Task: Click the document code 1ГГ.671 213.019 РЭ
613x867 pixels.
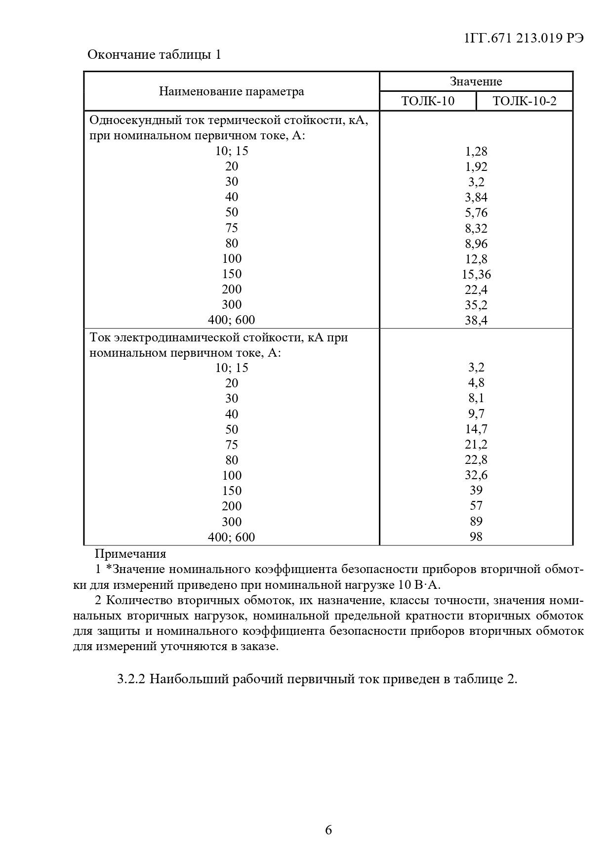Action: click(x=524, y=39)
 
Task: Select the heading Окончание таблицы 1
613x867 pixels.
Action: click(x=154, y=54)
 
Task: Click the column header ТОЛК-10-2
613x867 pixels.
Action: click(x=524, y=101)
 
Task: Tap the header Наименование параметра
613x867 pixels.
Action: click(x=231, y=91)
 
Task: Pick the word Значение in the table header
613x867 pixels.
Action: click(x=476, y=82)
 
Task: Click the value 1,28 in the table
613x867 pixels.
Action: click(x=476, y=151)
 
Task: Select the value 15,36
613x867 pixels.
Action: click(x=476, y=274)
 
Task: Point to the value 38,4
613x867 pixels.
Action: click(x=476, y=320)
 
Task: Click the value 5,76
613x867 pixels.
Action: click(x=476, y=212)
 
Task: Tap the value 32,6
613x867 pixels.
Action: click(x=476, y=475)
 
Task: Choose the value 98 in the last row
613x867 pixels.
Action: click(x=476, y=537)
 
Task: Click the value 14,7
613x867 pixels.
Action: click(x=476, y=429)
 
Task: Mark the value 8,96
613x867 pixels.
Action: click(x=476, y=244)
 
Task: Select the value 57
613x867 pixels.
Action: click(x=476, y=506)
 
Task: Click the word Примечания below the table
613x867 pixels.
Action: click(x=130, y=554)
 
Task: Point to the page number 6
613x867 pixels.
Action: click(x=328, y=830)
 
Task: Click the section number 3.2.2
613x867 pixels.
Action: click(x=131, y=679)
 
